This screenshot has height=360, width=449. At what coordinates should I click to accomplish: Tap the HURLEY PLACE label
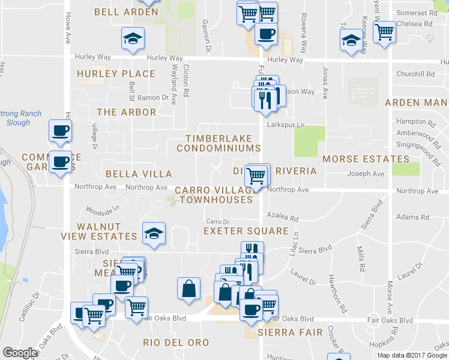tap(116, 74)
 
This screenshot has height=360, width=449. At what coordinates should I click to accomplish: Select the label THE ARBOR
tap(126, 112)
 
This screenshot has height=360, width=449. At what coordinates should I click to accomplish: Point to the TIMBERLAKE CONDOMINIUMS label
tap(223, 143)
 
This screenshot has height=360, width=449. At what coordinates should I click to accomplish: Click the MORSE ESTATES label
tap(366, 159)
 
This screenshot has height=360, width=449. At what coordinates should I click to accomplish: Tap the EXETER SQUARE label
tap(246, 230)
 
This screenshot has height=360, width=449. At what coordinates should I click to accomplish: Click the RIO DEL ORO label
tap(176, 343)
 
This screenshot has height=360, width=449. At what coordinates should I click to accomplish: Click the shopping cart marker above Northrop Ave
tap(257, 175)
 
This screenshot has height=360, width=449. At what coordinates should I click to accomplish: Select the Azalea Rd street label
tap(283, 219)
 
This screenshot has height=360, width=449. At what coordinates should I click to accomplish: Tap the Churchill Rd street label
tap(415, 74)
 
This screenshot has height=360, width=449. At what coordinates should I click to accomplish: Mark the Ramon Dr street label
tap(152, 97)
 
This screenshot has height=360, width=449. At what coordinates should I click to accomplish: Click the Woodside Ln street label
tap(99, 210)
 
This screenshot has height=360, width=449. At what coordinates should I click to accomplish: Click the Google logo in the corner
tap(20, 353)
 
